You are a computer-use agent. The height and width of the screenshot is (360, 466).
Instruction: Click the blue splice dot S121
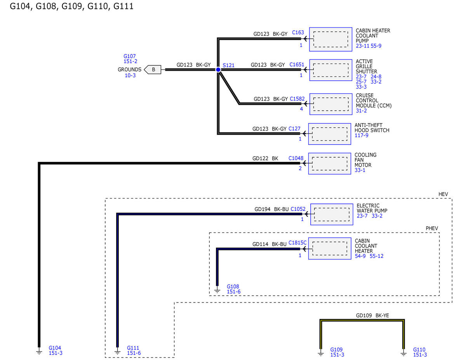(218, 70)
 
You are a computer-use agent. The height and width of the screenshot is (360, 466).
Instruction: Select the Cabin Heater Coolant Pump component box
(329, 39)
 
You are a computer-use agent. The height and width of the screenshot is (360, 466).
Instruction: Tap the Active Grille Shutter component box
(329, 70)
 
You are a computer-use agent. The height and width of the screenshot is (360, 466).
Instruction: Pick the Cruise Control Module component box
(329, 104)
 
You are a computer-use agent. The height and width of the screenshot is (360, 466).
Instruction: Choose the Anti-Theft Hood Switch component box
(329, 134)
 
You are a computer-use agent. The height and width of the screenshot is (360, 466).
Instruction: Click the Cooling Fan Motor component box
(329, 163)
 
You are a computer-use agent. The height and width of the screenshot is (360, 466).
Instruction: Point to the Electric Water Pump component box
(332, 214)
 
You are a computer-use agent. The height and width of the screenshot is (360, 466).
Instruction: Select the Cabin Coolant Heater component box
(329, 248)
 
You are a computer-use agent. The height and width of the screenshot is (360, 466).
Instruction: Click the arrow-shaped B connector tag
(153, 70)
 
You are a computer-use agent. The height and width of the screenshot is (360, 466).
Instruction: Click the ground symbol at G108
(217, 289)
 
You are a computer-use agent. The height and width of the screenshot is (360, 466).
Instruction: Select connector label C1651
(297, 65)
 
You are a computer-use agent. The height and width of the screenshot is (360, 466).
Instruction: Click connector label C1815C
(297, 243)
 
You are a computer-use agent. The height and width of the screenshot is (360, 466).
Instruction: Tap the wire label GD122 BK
(265, 158)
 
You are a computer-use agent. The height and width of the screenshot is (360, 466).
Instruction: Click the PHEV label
(432, 228)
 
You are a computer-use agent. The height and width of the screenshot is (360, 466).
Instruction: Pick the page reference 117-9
(362, 136)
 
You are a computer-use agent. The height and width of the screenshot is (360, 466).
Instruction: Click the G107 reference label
(130, 56)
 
